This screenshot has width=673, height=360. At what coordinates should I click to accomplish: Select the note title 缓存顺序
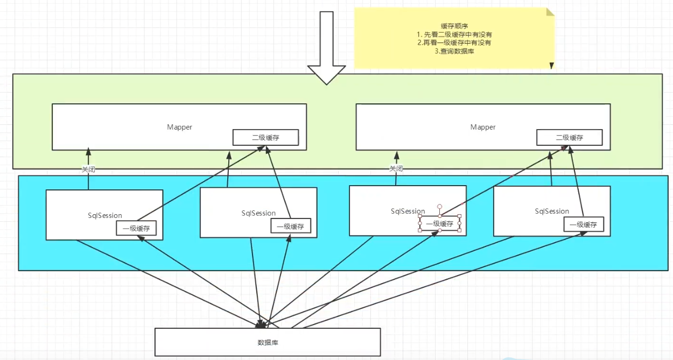click(x=454, y=25)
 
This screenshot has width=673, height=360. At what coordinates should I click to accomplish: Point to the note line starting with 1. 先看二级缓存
click(x=454, y=34)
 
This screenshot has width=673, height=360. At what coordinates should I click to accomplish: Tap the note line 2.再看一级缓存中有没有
click(x=454, y=43)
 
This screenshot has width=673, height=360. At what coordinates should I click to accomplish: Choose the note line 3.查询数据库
click(x=454, y=51)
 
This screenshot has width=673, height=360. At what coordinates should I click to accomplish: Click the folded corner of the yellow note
click(x=550, y=12)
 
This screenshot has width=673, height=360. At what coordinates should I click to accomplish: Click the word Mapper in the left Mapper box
click(x=179, y=127)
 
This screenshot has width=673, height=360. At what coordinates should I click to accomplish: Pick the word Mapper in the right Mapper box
click(x=483, y=127)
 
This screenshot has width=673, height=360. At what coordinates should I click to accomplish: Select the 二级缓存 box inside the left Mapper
click(x=265, y=137)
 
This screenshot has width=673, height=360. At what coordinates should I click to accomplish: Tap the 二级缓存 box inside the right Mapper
click(x=569, y=137)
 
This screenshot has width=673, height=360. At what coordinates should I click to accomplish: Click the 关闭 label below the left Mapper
click(x=88, y=169)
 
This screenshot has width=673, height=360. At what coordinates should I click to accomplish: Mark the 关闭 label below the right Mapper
click(x=396, y=168)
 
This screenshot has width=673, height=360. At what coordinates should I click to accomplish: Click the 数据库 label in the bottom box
click(x=268, y=342)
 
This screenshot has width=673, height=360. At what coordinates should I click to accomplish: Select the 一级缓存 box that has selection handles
click(x=439, y=223)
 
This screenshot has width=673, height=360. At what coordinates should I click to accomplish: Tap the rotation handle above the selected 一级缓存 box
click(x=439, y=206)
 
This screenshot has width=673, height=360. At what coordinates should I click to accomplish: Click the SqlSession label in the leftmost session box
click(x=105, y=215)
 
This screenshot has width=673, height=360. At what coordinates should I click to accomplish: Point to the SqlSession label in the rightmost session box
click(x=552, y=211)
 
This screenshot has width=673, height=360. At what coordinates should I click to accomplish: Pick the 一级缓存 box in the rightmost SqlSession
click(x=584, y=224)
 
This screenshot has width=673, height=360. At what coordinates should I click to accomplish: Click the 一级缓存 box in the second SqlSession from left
click(x=291, y=227)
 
